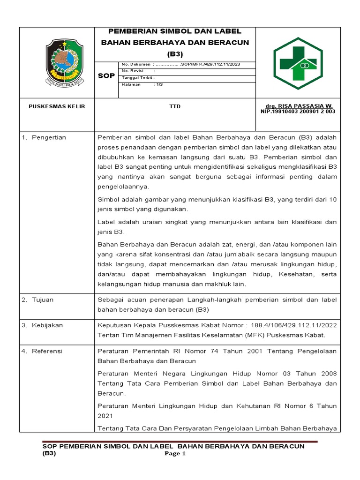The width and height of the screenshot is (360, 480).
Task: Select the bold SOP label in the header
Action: [x=106, y=75]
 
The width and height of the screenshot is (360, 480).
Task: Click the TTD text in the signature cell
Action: [x=175, y=107]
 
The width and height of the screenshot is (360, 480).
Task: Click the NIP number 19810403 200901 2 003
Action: [x=298, y=112]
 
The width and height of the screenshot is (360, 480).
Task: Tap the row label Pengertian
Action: [x=49, y=137]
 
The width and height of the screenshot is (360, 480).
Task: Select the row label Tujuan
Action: [x=43, y=300]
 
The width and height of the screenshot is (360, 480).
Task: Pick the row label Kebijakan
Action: [x=47, y=325]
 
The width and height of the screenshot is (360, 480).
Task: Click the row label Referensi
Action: [x=47, y=351]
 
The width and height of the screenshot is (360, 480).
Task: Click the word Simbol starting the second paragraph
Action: [x=108, y=199]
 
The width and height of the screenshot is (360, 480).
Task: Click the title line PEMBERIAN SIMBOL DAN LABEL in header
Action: [x=175, y=31]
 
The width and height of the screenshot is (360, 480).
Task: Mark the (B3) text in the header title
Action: [x=175, y=53]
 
